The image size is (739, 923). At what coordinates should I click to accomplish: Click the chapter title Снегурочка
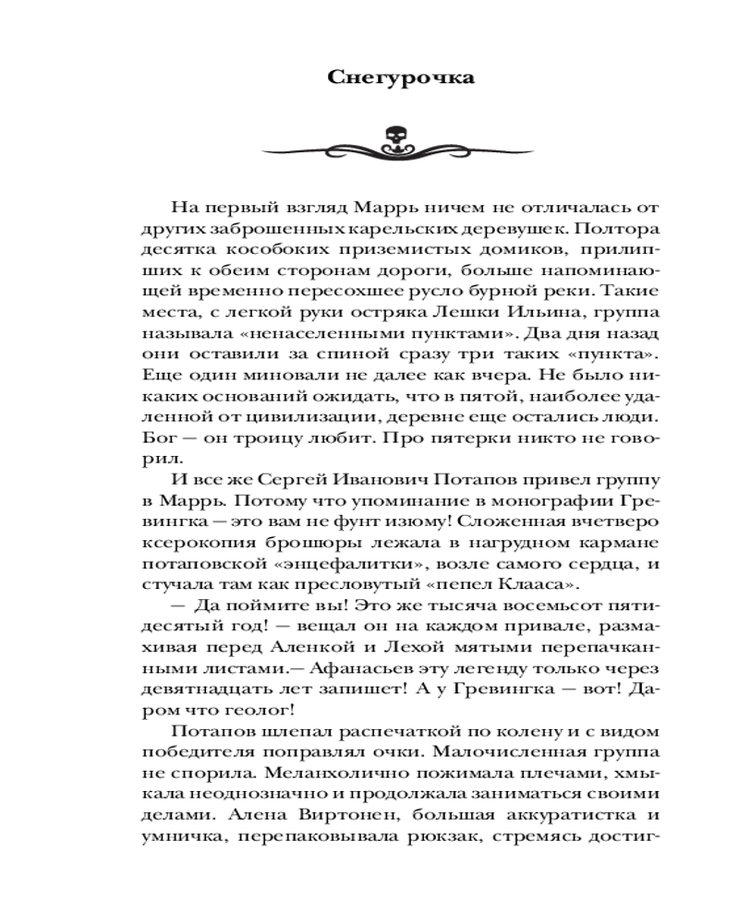402,78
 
